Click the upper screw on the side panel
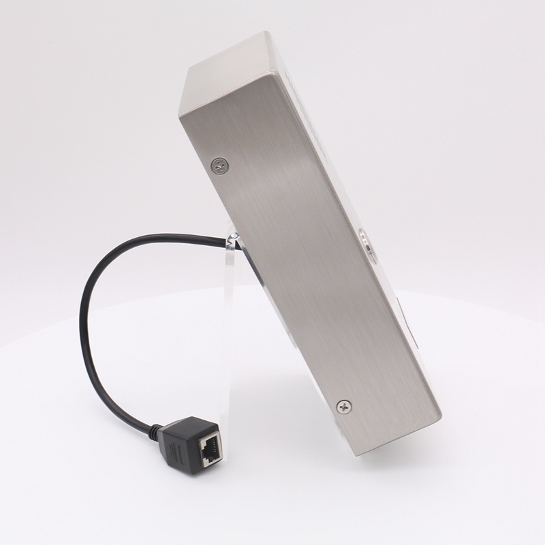coord(219,165)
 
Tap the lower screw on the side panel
coord(344,407)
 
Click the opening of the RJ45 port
coord(209,448)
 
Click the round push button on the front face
coord(366,245)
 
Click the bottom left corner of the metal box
coord(354,455)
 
